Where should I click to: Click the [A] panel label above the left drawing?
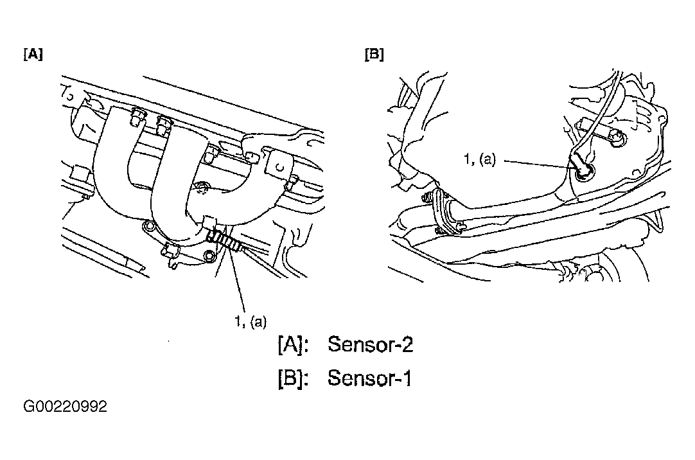point(33,55)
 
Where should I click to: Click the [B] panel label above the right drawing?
point(374,55)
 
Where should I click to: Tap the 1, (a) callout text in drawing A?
point(251,321)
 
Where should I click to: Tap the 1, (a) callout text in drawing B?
point(480,159)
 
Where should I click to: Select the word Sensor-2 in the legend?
point(370,344)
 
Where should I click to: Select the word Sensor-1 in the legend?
point(369,378)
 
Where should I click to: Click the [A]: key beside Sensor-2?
point(292,345)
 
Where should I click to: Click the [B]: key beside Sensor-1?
point(292,378)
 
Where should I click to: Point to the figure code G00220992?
point(65,407)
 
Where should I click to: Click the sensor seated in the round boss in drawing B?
point(582,169)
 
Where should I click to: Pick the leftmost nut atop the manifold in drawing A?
point(137,116)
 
